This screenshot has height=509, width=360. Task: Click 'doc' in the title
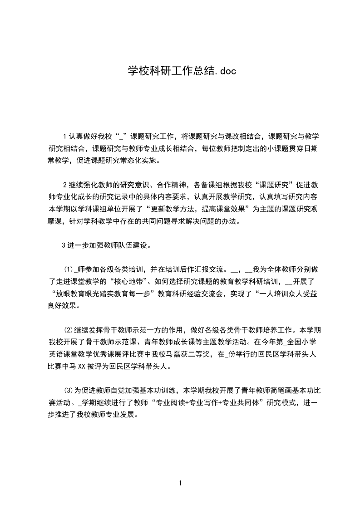[x=226, y=71]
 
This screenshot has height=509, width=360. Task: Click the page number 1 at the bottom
[x=180, y=483]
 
